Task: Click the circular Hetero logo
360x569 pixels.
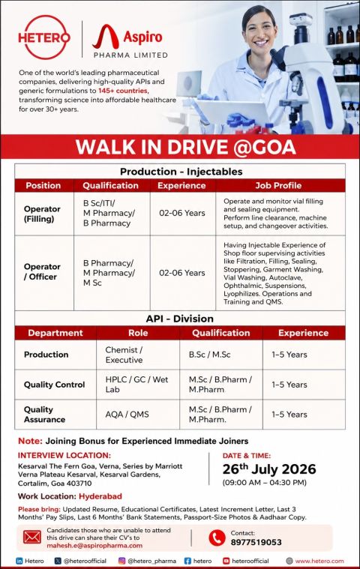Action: tap(44, 37)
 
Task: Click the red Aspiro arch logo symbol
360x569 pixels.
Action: tap(106, 37)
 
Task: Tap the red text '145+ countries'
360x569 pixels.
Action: tap(124, 91)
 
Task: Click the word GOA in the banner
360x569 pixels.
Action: tap(265, 147)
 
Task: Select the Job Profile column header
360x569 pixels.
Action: tap(278, 185)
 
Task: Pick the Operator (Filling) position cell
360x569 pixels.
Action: tap(42, 214)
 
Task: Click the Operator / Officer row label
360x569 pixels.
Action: tap(42, 271)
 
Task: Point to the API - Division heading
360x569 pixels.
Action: tap(180, 319)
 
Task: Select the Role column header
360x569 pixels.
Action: tap(138, 333)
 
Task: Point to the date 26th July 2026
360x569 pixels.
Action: tap(269, 469)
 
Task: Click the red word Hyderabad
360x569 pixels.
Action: tap(100, 496)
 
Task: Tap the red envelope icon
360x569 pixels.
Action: tap(32, 537)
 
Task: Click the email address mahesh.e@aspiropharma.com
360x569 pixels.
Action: tap(94, 546)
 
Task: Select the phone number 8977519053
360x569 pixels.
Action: tap(256, 542)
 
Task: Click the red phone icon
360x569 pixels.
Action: tap(217, 538)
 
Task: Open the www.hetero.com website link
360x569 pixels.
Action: tap(319, 561)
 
